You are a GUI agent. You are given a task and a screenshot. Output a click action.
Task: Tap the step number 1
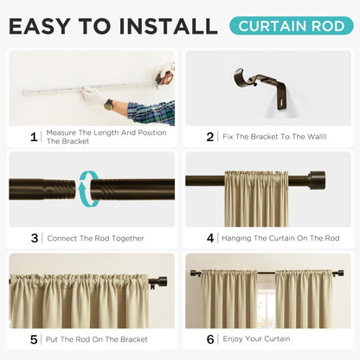(34, 136)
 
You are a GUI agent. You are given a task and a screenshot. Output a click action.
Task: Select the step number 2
(209, 136)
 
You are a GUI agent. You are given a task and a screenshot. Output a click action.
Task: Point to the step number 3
(34, 238)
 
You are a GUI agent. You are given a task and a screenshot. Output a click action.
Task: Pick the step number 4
(209, 238)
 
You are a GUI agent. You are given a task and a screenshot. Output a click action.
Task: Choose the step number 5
(34, 339)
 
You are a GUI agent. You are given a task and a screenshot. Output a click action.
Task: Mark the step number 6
(209, 339)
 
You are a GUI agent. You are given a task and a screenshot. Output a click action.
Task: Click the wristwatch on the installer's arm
(109, 104)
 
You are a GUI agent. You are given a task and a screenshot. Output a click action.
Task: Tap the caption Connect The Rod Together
(94, 238)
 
